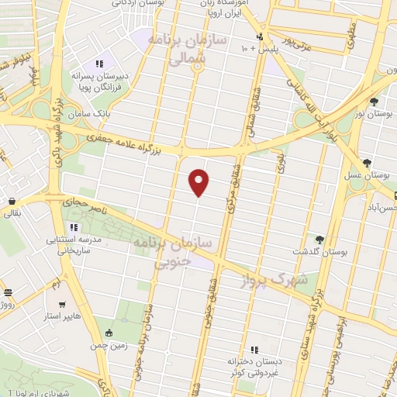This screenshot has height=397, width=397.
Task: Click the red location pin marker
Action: tap(199, 181)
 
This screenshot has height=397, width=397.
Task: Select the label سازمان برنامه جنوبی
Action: tap(178, 254)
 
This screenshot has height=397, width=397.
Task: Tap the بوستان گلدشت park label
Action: tap(317, 253)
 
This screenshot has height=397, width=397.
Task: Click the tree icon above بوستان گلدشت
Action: tap(319, 239)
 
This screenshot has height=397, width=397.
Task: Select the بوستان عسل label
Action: tap(369, 177)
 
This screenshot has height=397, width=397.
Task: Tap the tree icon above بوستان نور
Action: tap(375, 101)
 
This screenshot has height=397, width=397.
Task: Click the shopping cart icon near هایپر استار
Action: tap(62, 304)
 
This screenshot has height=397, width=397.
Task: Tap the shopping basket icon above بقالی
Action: tap(12, 201)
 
